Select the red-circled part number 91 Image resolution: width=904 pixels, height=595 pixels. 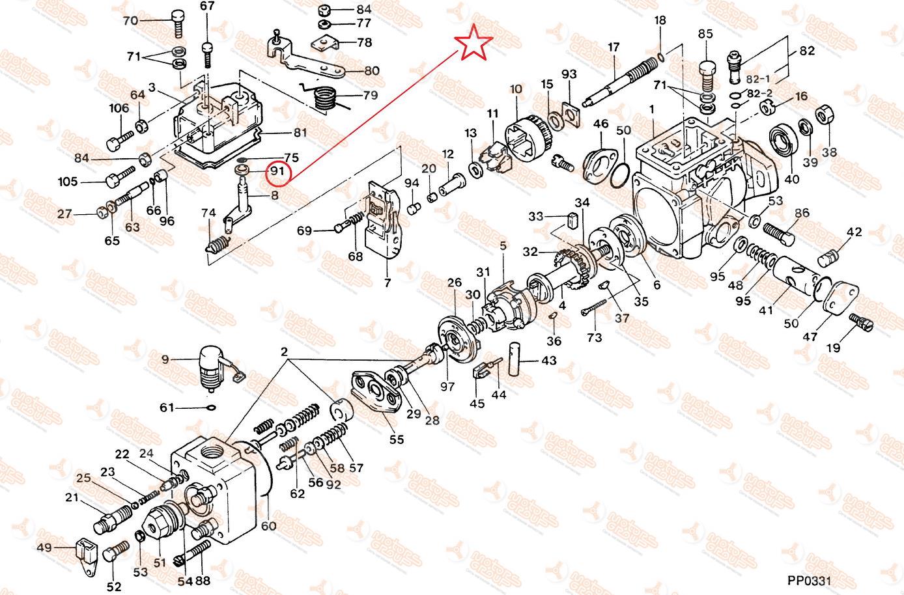278,171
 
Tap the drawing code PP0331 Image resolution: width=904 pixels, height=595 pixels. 809,581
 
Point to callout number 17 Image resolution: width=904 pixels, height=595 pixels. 614,48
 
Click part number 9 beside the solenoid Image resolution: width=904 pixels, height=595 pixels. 165,359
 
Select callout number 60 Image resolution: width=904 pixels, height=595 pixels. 268,525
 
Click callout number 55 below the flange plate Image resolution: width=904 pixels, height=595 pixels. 397,439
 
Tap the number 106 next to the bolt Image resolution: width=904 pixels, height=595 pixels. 119,109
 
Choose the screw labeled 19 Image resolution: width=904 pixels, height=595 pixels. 860,320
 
